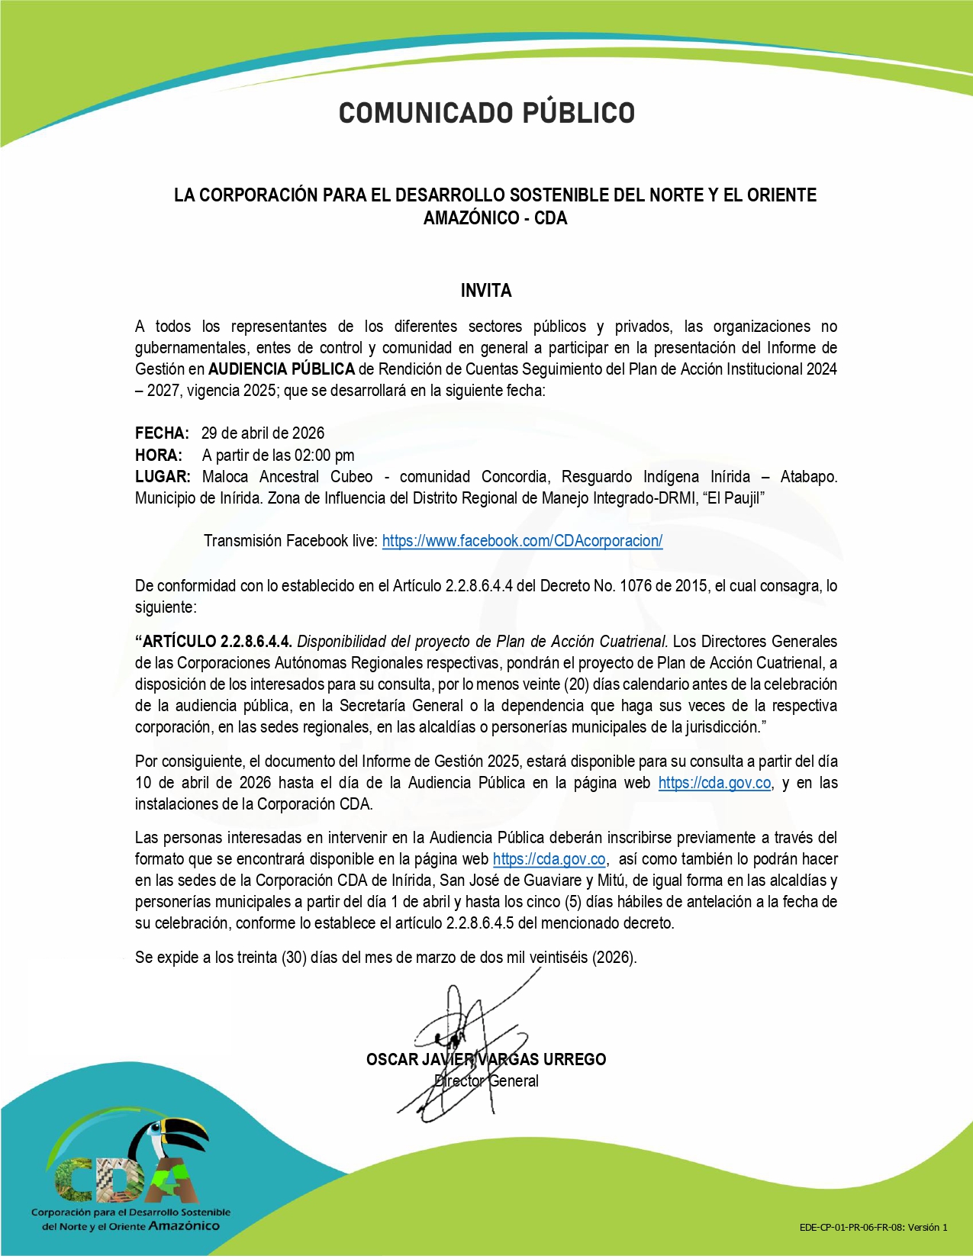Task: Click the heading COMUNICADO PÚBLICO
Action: pyautogui.click(x=487, y=113)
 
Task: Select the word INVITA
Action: pyautogui.click(x=486, y=291)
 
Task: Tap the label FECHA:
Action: pyautogui.click(x=162, y=433)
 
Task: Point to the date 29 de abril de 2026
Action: pyautogui.click(x=263, y=433)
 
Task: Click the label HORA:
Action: pyautogui.click(x=159, y=456)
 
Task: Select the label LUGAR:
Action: pyautogui.click(x=163, y=477)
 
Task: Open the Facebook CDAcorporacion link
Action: pyautogui.click(x=522, y=541)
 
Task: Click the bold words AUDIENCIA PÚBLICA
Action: pyautogui.click(x=282, y=369)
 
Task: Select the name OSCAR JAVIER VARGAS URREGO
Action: pyautogui.click(x=486, y=1059)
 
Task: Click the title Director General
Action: pyautogui.click(x=486, y=1081)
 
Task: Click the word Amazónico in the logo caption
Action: pyautogui.click(x=184, y=1226)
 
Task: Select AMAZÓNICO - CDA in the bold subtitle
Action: pyautogui.click(x=495, y=218)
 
